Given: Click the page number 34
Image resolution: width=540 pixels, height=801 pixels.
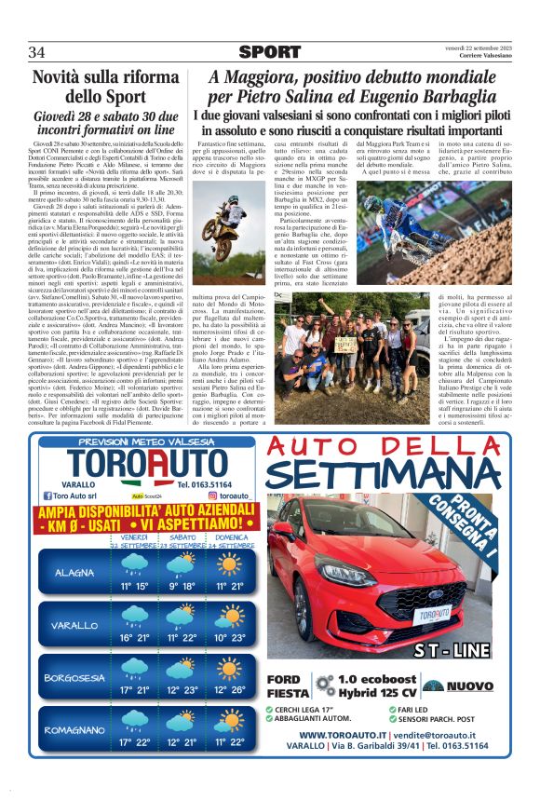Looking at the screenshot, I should point(37,50).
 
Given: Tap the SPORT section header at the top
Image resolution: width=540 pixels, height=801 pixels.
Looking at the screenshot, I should point(270,51).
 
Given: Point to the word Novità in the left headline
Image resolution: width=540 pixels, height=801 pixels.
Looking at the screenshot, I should point(68,78).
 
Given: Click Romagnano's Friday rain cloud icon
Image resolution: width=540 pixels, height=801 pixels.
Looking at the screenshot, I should point(134,722).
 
